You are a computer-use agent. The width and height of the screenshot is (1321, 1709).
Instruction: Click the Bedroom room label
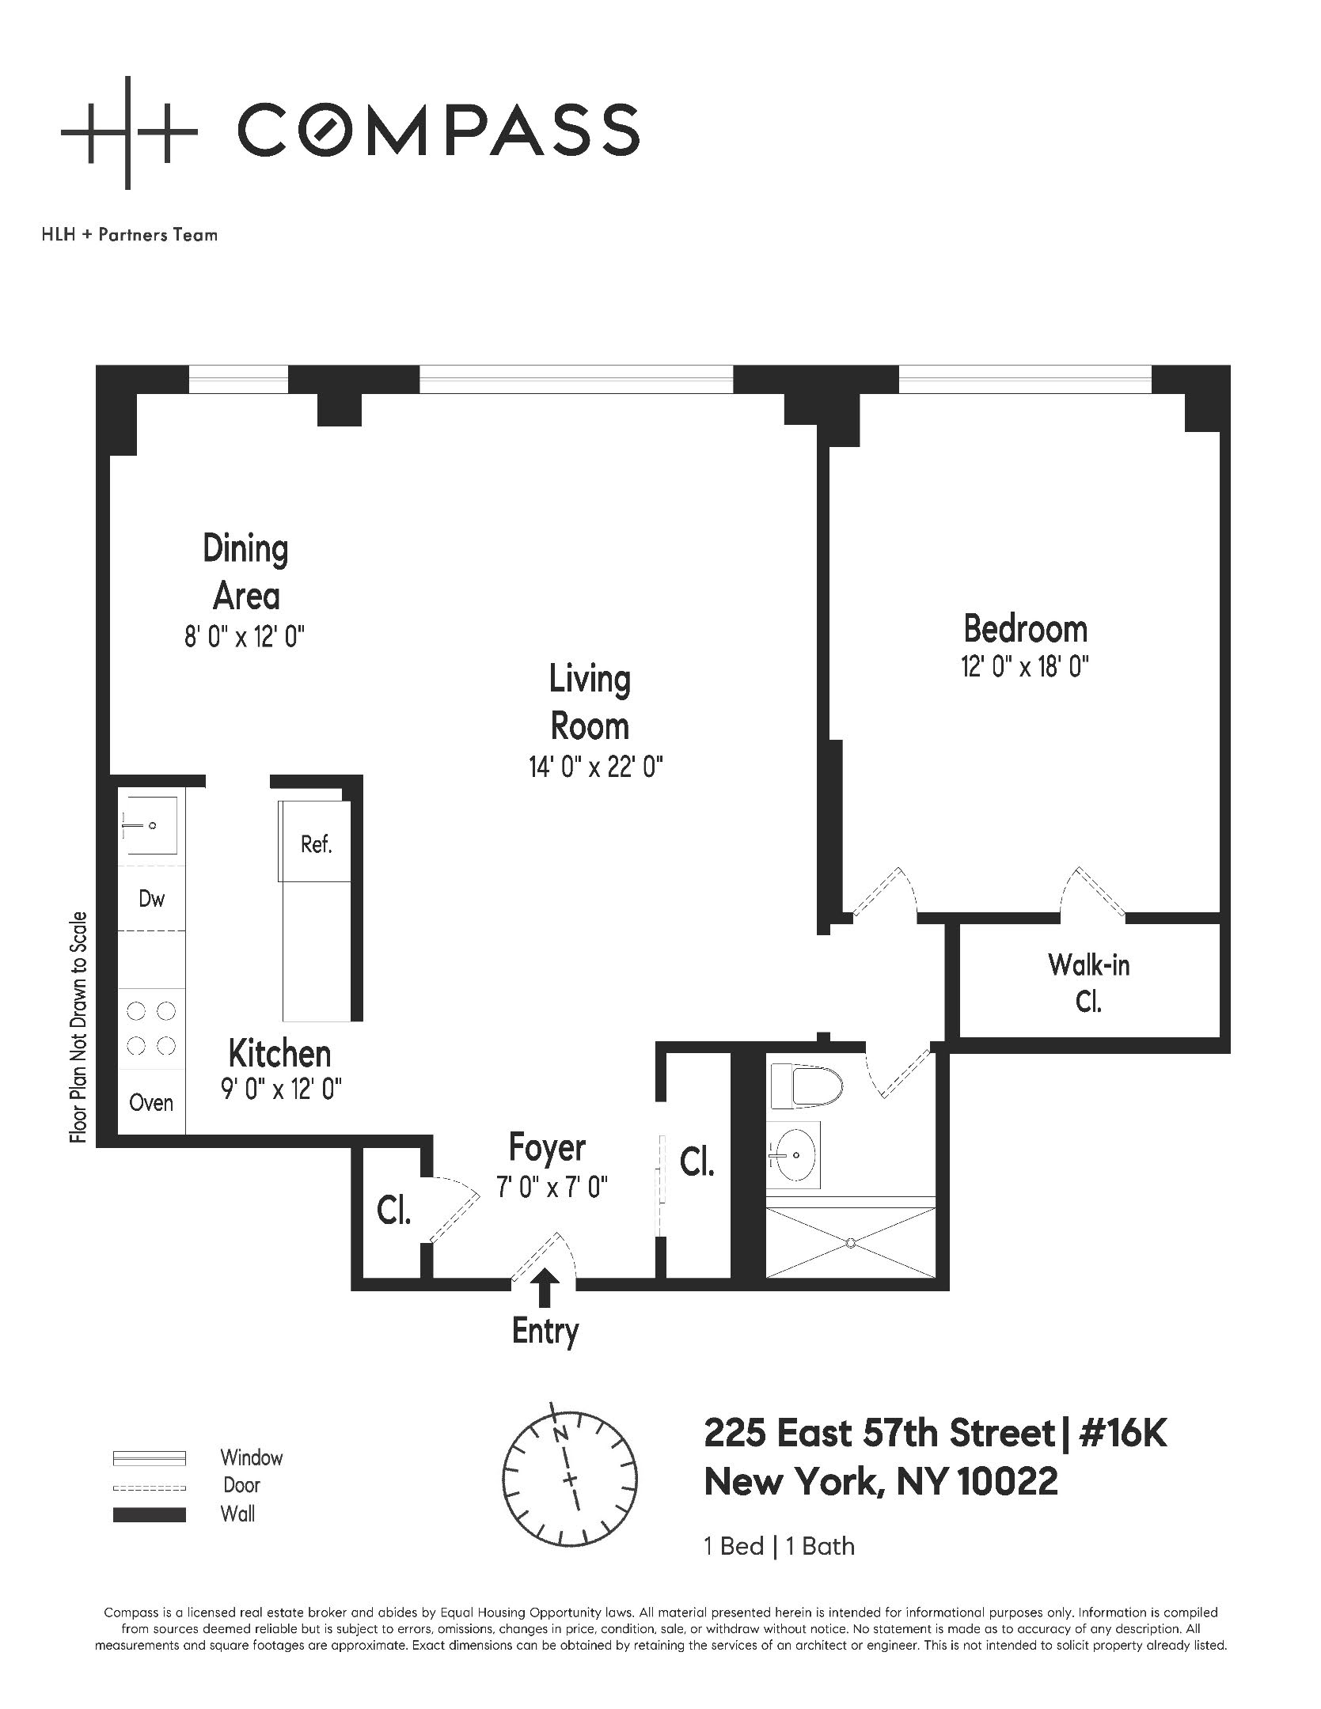1025,630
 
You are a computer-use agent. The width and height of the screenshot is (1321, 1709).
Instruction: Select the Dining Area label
245,572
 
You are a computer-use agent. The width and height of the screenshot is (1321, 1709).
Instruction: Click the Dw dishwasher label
151,899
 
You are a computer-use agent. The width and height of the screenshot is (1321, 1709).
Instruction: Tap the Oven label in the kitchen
150,1102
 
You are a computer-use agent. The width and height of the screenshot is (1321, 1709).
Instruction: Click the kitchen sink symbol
150,826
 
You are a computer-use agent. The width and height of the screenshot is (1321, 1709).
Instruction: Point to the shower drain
851,1242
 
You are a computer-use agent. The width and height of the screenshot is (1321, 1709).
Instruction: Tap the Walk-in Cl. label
1088,983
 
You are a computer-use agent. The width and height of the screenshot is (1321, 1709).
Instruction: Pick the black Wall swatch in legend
150,1515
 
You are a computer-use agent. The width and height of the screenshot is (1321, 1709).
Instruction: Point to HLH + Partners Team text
129,235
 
